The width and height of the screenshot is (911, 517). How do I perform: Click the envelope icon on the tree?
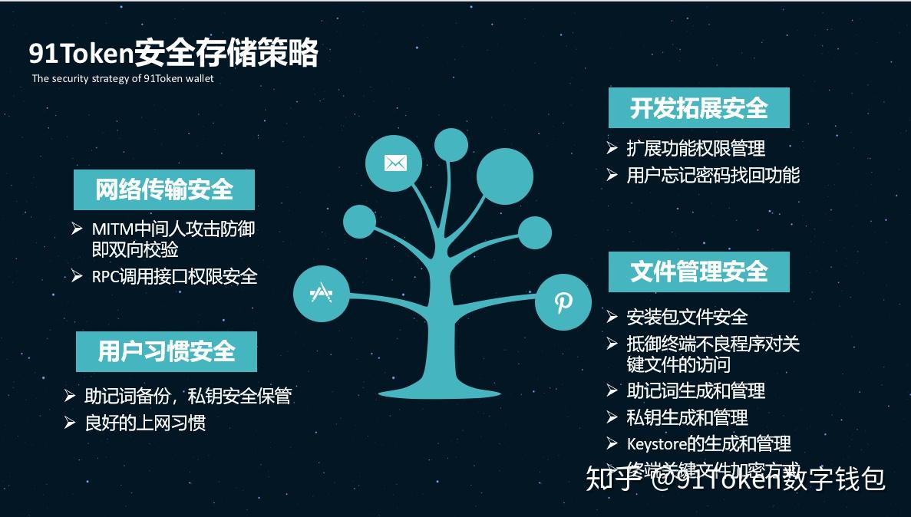tap(395, 163)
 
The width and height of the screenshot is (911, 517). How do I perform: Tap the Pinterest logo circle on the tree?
tap(563, 302)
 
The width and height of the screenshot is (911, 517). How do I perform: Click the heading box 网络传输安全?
tap(164, 189)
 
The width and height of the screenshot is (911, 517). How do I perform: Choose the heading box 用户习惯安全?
tap(167, 351)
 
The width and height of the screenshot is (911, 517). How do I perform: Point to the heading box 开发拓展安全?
tap(698, 108)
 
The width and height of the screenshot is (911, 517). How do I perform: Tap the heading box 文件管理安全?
tap(698, 272)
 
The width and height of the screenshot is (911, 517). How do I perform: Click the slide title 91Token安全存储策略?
tap(173, 54)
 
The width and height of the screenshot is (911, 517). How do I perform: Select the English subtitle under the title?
tap(123, 78)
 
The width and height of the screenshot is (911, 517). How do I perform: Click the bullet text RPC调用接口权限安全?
tap(174, 276)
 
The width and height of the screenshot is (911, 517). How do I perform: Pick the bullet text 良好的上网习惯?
tap(145, 423)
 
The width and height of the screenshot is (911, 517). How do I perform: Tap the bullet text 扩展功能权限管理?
tap(695, 148)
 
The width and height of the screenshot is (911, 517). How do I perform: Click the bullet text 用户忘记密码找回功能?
tap(713, 176)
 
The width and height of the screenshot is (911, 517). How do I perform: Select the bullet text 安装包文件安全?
tap(687, 317)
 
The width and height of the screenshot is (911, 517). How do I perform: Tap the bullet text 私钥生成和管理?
tap(687, 417)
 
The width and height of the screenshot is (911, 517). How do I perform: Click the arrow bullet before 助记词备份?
tap(70, 396)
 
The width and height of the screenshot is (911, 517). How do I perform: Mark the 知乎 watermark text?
tap(611, 479)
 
